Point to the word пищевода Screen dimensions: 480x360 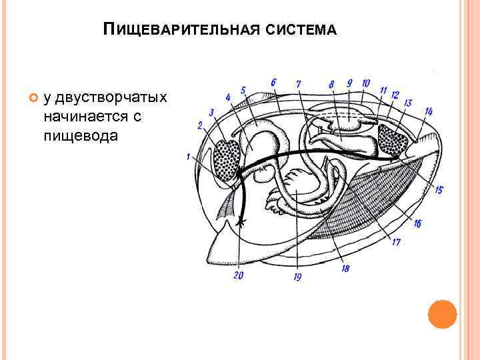pyautogui.click(x=80, y=135)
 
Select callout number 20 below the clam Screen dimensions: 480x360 pyautogui.click(x=238, y=275)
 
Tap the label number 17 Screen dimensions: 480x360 pyautogui.click(x=395, y=242)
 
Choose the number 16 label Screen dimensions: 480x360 pyautogui.click(x=417, y=224)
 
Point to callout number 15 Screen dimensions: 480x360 pyautogui.click(x=437, y=190)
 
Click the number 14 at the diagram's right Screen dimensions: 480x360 pyautogui.click(x=428, y=111)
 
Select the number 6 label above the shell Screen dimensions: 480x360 pyautogui.click(x=273, y=83)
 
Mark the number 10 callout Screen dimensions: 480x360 pyautogui.click(x=365, y=83)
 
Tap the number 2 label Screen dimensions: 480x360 pyautogui.click(x=199, y=125)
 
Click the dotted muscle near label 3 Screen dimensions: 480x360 pyautogui.click(x=227, y=159)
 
